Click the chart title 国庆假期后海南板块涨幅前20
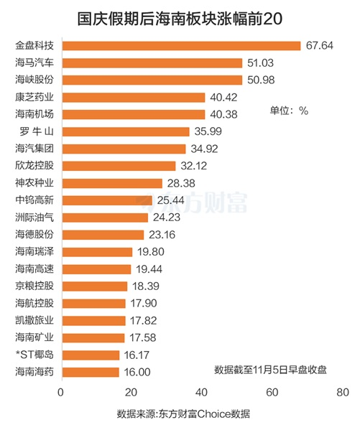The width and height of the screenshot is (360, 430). coord(180,17)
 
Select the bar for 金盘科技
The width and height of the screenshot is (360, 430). coord(180,46)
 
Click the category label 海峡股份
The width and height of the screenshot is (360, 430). coord(34,80)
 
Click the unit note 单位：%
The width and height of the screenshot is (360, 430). coord(289,111)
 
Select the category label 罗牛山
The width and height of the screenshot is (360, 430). coord(34,131)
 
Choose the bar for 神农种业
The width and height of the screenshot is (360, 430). coord(111,183)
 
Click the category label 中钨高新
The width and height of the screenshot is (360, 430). coord(34,200)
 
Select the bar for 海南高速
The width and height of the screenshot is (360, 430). coord(96,268)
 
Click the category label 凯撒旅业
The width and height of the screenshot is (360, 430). coord(34,320)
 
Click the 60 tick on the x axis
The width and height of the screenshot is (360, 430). coord(272,393)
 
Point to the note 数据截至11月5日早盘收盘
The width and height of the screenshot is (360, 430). coord(270,370)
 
